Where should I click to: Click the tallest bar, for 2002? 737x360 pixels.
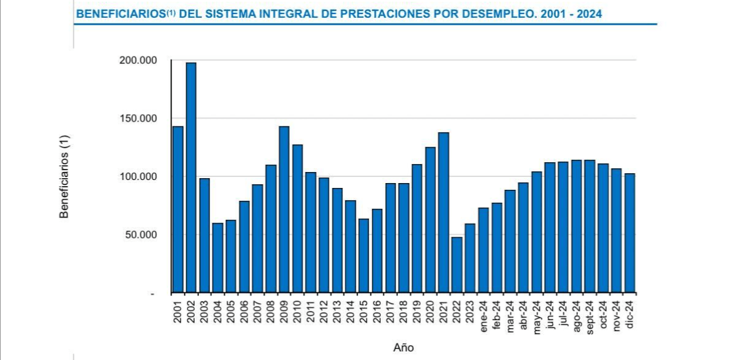tap(191, 178)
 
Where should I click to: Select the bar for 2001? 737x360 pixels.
tap(178, 209)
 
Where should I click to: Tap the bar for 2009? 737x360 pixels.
tap(284, 209)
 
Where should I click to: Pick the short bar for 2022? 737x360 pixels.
tap(457, 265)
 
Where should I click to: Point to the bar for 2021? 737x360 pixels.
tap(443, 213)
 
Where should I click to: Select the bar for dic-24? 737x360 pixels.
tap(630, 233)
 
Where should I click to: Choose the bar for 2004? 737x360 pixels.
tap(217, 257)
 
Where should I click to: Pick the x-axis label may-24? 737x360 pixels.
tap(537, 315)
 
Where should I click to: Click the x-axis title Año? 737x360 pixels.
tap(404, 348)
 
